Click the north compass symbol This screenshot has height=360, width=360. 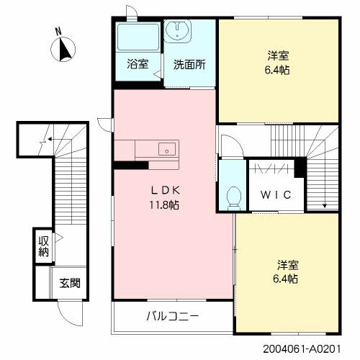(64, 49)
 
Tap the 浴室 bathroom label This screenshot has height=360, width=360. (138, 64)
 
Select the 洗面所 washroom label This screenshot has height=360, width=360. (189, 64)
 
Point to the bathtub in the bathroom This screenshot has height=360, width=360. (138, 37)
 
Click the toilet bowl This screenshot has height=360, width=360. (232, 196)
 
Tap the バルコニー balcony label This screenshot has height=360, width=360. (172, 316)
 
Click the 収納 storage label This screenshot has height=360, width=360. (43, 245)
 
